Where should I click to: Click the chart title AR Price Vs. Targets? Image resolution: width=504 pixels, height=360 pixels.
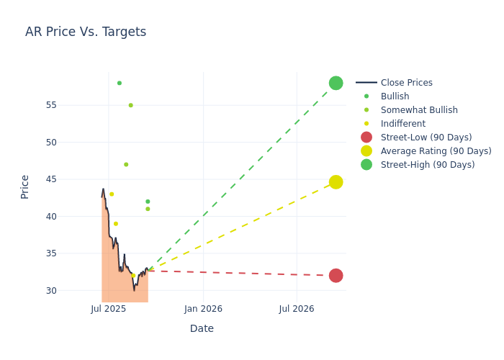click(x=86, y=32)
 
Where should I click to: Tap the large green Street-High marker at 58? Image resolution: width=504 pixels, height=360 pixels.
click(x=336, y=83)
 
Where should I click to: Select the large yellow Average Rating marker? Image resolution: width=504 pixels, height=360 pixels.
click(x=336, y=182)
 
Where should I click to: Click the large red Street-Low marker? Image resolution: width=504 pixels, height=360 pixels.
click(x=336, y=276)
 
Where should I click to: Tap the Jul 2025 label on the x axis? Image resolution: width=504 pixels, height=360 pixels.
click(x=109, y=309)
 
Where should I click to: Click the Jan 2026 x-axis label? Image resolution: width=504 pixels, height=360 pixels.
click(x=203, y=309)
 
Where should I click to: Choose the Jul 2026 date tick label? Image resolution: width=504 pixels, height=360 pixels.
click(x=297, y=309)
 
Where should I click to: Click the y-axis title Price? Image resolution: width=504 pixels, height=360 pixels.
click(x=25, y=186)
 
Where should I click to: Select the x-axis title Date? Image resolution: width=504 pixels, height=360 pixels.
click(x=202, y=328)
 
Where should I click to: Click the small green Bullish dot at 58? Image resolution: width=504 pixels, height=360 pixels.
click(x=120, y=83)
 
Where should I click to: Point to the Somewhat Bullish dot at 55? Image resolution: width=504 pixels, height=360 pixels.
click(x=130, y=105)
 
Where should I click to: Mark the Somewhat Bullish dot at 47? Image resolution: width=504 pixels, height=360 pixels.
click(x=126, y=165)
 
